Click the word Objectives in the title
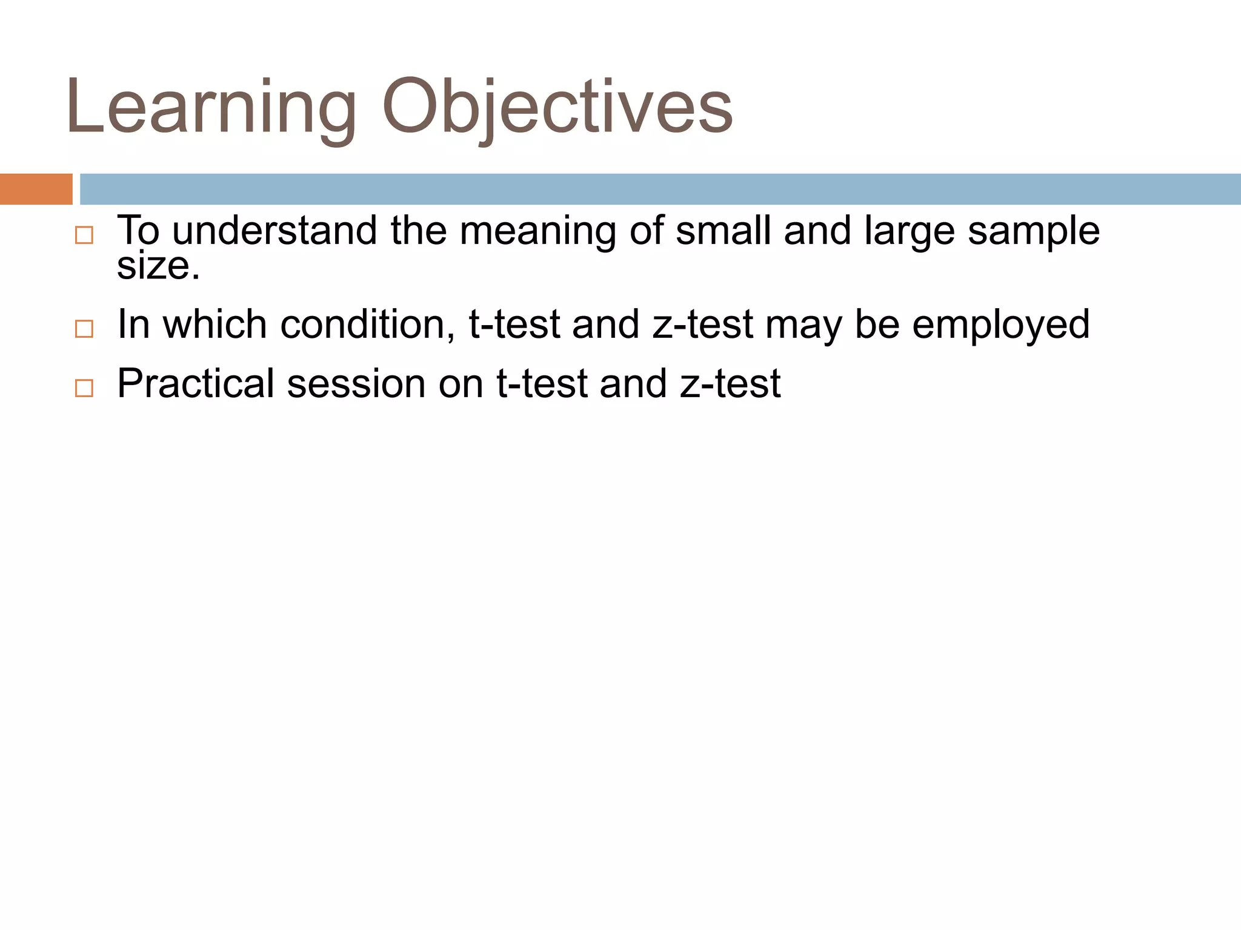[x=557, y=108]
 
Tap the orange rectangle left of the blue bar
[x=36, y=189]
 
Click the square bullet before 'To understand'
[x=84, y=236]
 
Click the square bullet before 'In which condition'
[x=84, y=329]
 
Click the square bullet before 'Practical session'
[x=84, y=388]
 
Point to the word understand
[x=274, y=231]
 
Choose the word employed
[x=1000, y=325]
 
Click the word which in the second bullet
[x=215, y=324]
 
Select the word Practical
[x=196, y=383]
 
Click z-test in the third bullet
[x=730, y=383]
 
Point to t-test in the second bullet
[x=514, y=324]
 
